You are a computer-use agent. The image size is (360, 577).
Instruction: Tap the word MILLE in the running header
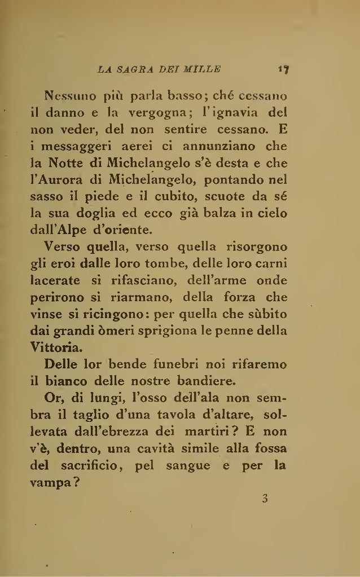203,71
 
